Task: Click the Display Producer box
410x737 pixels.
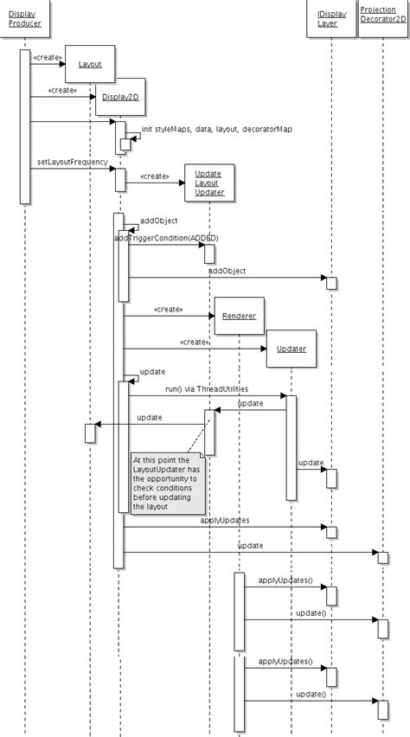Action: click(25, 19)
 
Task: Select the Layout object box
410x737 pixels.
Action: click(90, 64)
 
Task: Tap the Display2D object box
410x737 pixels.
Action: click(119, 98)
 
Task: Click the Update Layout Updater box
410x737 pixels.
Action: click(208, 183)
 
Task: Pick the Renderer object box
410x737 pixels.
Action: click(239, 316)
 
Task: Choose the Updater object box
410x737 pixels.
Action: click(291, 349)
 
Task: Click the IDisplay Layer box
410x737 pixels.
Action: click(329, 19)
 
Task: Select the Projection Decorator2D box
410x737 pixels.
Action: click(383, 19)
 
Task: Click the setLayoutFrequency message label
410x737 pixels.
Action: click(72, 162)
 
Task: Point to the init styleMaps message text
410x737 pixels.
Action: click(216, 129)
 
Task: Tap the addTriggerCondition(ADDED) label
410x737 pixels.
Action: click(166, 237)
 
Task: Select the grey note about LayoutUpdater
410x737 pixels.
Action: click(168, 482)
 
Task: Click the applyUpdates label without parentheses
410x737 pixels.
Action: click(225, 520)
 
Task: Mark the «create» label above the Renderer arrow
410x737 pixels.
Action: click(168, 309)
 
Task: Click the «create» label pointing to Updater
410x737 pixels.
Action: click(194, 342)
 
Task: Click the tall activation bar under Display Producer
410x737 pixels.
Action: click(25, 125)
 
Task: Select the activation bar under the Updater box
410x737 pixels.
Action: click(291, 447)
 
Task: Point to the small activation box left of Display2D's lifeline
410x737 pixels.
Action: click(90, 433)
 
